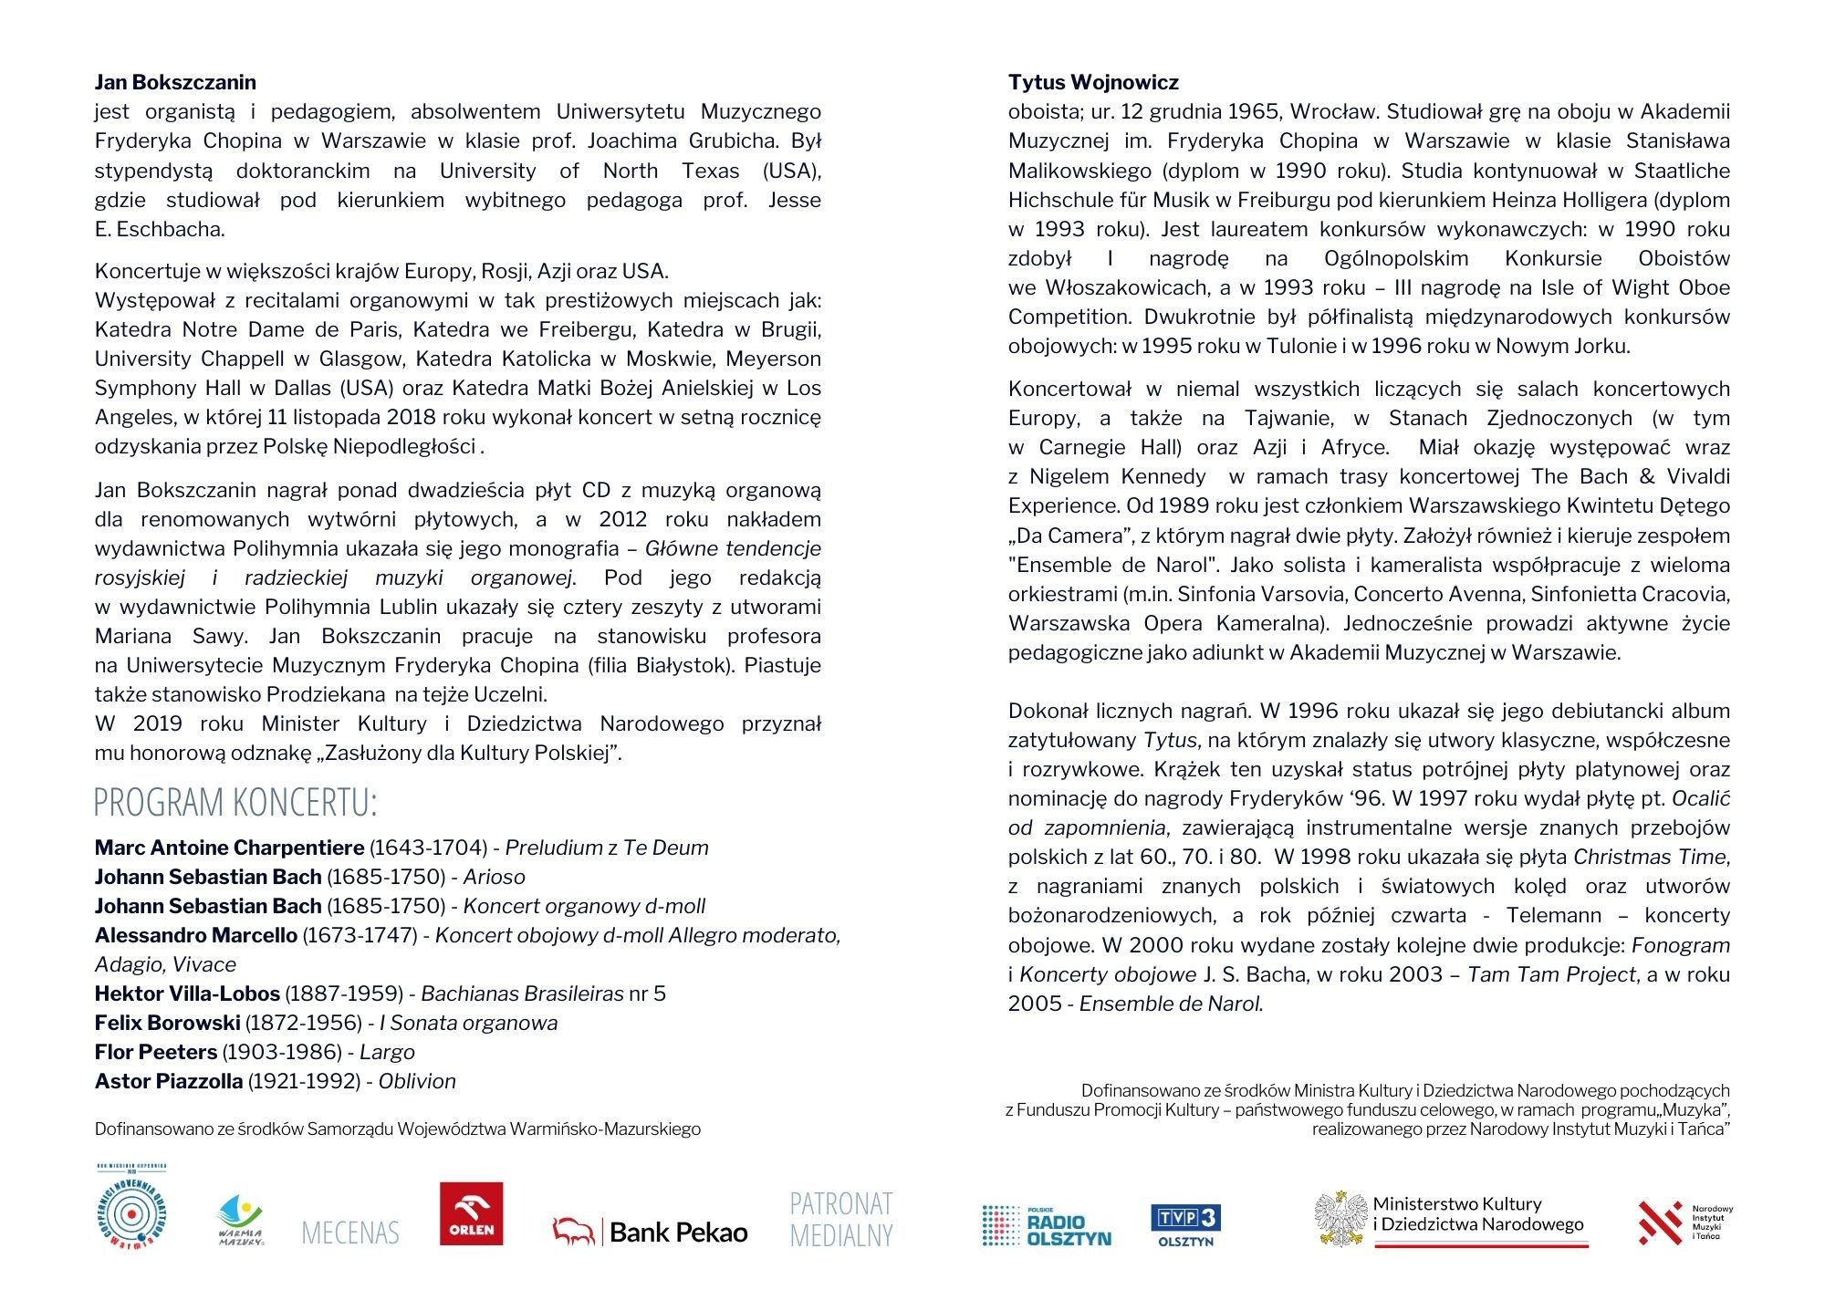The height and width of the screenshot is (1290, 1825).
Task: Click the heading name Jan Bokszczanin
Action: point(175,82)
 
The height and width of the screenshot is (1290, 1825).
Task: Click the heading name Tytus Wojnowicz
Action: point(1093,82)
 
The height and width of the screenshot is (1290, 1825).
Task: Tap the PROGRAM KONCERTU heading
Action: point(235,803)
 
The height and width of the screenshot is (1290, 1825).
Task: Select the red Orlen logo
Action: point(471,1213)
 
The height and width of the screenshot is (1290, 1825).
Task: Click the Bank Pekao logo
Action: point(650,1232)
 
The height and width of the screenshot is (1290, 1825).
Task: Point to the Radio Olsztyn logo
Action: point(1047,1226)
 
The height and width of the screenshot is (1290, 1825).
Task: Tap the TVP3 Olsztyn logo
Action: point(1185,1225)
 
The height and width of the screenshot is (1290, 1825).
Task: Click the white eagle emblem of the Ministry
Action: point(1340,1219)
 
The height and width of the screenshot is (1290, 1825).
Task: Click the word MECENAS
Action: point(350,1233)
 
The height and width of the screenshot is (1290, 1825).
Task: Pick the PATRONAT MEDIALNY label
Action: point(840,1219)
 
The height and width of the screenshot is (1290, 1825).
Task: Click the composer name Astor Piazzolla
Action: point(169,1081)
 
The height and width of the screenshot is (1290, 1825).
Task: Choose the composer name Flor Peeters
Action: point(156,1052)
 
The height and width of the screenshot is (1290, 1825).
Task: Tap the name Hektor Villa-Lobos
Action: point(187,994)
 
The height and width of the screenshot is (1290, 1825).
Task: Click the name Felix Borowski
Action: point(168,1023)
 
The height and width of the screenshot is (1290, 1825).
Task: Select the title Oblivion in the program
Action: point(417,1081)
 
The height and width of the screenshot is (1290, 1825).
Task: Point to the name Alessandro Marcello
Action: point(196,935)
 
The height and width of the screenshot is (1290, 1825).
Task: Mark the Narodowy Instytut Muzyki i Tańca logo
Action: point(1684,1222)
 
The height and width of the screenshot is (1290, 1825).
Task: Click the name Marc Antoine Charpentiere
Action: point(229,848)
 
